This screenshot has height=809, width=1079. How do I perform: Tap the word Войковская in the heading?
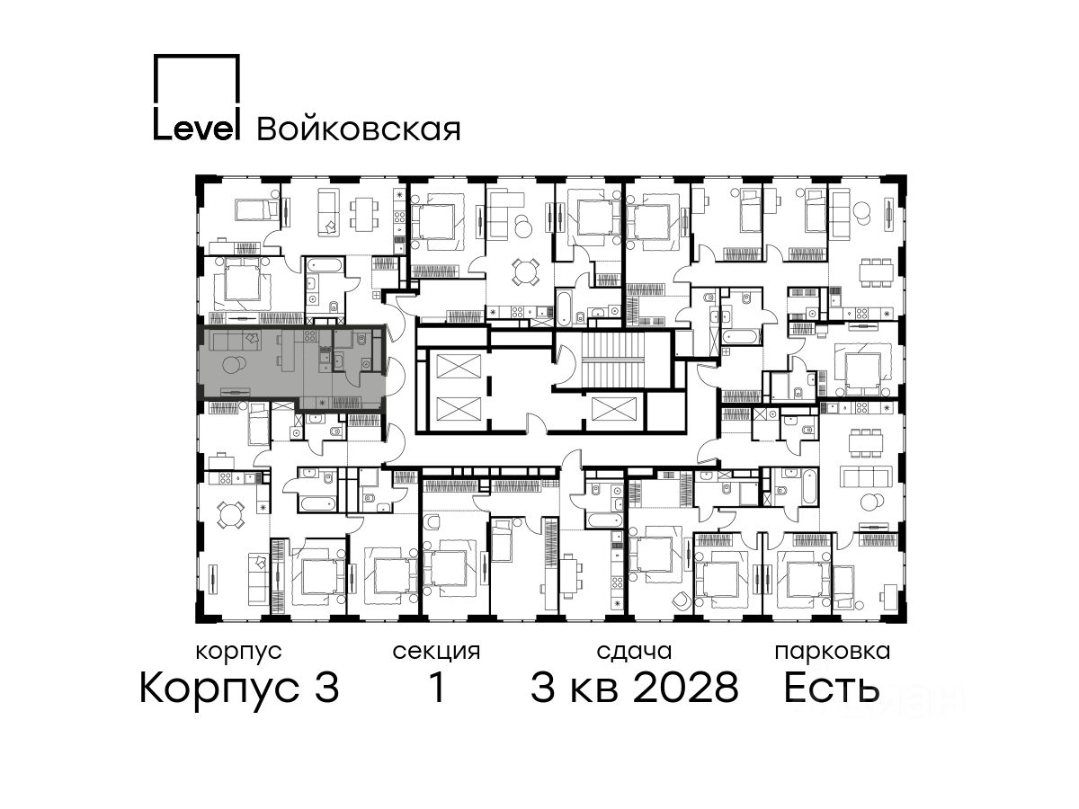pyautogui.click(x=359, y=129)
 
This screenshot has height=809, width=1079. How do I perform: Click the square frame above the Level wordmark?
pyautogui.click(x=197, y=80)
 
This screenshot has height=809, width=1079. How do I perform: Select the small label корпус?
pyautogui.click(x=238, y=652)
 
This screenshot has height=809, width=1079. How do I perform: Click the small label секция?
pyautogui.click(x=436, y=653)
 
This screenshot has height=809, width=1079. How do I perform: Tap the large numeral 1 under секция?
pyautogui.click(x=437, y=687)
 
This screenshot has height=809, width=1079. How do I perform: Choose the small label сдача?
pyautogui.click(x=634, y=653)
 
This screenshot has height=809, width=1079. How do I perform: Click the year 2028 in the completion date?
pyautogui.click(x=686, y=687)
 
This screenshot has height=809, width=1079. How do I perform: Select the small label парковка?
pyautogui.click(x=833, y=653)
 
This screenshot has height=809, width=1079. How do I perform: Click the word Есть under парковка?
pyautogui.click(x=831, y=687)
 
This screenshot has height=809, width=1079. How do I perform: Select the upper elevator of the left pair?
pyautogui.click(x=459, y=367)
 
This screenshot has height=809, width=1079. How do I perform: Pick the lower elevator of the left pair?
pyautogui.click(x=459, y=410)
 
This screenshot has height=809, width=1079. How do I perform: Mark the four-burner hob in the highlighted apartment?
pyautogui.click(x=309, y=336)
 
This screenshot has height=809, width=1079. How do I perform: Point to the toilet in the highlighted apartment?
pyautogui.click(x=361, y=339)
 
